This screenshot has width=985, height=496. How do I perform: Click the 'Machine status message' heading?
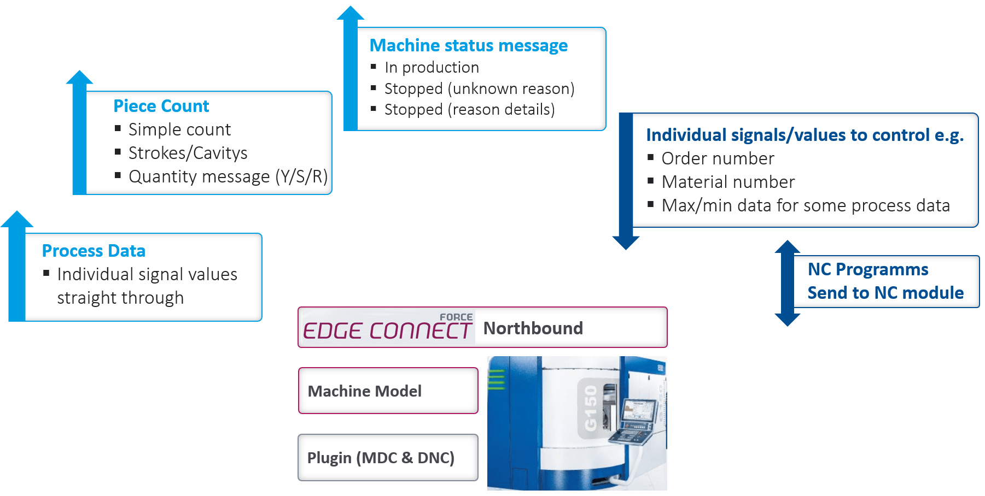click(469, 45)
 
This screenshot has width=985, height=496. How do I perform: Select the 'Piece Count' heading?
click(161, 106)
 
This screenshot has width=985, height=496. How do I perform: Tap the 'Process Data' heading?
click(94, 251)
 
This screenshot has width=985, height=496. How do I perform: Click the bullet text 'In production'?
click(432, 67)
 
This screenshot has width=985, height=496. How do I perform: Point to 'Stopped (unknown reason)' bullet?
click(480, 88)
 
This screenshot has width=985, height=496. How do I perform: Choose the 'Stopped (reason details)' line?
click(470, 109)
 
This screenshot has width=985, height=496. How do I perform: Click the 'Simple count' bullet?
click(180, 129)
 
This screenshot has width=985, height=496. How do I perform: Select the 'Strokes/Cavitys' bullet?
click(188, 153)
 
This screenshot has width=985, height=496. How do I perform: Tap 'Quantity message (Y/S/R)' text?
click(228, 176)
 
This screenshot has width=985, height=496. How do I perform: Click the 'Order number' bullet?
click(718, 158)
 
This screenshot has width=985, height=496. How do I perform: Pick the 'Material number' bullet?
click(728, 182)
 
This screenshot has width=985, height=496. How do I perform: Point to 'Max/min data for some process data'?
click(806, 205)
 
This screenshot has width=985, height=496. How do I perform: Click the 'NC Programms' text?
click(868, 269)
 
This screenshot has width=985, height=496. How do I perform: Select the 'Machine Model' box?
click(388, 391)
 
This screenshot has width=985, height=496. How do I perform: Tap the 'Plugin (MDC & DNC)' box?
click(388, 458)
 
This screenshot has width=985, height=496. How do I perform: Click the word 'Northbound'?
click(533, 328)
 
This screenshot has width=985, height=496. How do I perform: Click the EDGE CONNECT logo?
click(387, 327)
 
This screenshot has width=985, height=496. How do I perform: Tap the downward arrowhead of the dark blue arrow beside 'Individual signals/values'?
click(626, 243)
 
